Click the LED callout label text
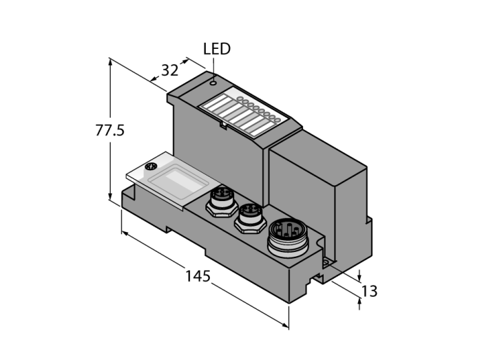(x=217, y=49)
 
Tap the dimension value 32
(x=169, y=70)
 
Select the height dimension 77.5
(x=109, y=130)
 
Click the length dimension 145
(x=198, y=276)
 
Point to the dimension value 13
(x=369, y=291)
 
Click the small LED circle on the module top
(x=213, y=83)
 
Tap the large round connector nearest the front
(x=286, y=237)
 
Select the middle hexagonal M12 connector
(x=251, y=218)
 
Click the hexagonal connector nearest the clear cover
(x=221, y=201)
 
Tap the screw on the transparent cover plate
(x=151, y=167)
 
